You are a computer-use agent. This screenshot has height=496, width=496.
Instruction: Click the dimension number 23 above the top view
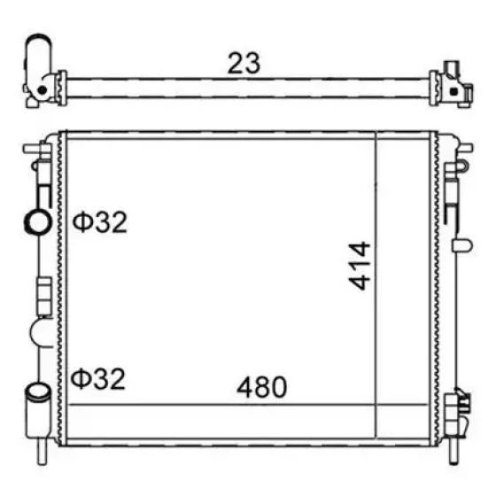[x=244, y=63]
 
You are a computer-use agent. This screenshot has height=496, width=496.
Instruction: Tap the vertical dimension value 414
[x=360, y=266]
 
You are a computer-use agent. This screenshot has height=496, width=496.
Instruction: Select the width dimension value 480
[x=261, y=386]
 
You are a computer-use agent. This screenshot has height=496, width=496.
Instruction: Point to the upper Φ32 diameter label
[x=99, y=222]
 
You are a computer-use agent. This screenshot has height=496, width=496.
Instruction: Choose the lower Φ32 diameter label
[x=98, y=378]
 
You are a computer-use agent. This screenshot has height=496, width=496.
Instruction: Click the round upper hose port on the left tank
[x=38, y=222]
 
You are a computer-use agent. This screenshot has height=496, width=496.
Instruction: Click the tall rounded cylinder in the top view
[x=38, y=55]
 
